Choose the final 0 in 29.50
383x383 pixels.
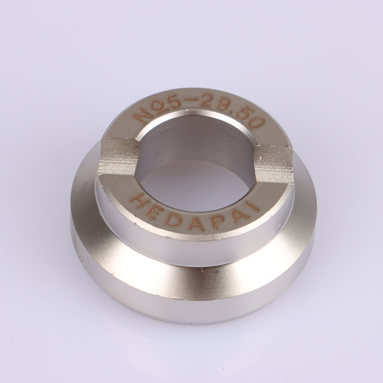click(x=257, y=124)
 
